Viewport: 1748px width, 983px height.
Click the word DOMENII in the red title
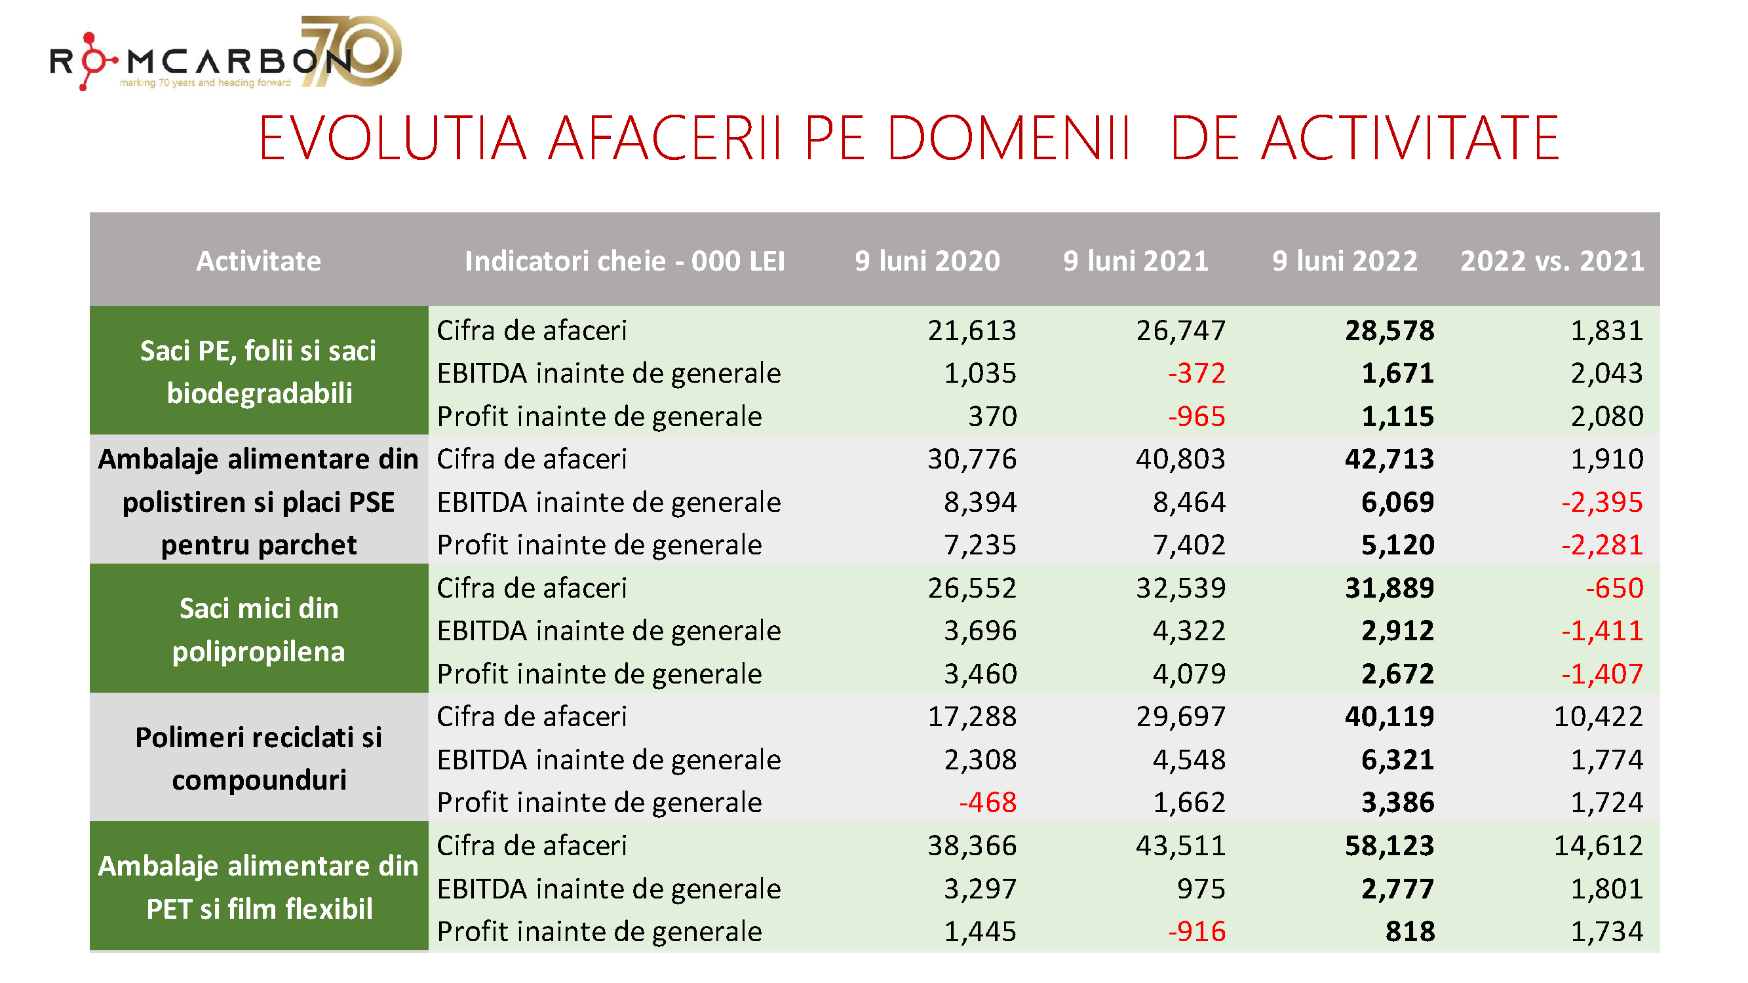coord(1008,139)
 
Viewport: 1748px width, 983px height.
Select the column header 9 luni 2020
coord(927,261)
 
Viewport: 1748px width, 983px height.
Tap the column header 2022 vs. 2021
coord(1551,261)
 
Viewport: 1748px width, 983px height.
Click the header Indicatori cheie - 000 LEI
coord(624,261)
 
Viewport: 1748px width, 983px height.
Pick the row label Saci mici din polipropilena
coord(258,630)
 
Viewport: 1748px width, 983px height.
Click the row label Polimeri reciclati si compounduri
coord(258,758)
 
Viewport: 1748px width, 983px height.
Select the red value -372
coord(1196,373)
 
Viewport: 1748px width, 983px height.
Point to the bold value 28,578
coord(1389,330)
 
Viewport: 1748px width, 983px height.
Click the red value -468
coord(987,803)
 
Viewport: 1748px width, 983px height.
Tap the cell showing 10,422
coord(1598,717)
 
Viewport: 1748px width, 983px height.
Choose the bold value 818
coord(1409,931)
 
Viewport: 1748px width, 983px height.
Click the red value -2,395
coord(1601,503)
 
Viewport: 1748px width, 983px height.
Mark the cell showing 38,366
coord(972,846)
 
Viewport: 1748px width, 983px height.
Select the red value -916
coord(1196,931)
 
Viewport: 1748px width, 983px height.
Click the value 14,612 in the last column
coord(1598,846)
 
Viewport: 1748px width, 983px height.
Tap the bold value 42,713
coord(1389,459)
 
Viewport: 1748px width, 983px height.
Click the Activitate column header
coord(258,261)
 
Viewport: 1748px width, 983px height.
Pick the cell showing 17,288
coord(972,717)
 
